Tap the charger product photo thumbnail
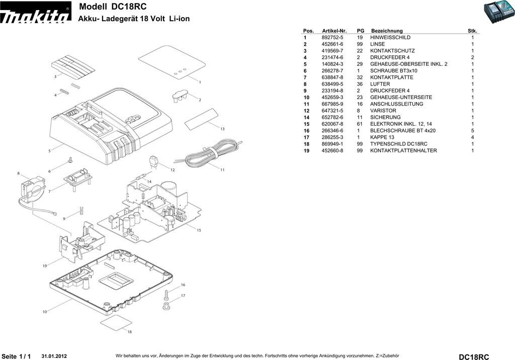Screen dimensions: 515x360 (498, 12)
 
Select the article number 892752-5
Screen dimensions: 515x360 (332, 37)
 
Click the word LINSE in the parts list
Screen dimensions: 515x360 (377, 44)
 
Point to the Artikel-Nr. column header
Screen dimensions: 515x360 (334, 31)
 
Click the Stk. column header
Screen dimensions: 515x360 (472, 31)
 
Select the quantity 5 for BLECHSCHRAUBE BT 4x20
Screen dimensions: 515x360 (473, 131)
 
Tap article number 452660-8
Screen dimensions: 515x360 (332, 151)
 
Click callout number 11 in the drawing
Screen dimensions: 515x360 (222, 170)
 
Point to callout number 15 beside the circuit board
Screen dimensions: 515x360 (199, 230)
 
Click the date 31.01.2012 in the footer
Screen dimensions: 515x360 (54, 356)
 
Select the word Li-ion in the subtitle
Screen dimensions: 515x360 (179, 19)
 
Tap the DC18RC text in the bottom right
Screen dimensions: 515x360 (474, 356)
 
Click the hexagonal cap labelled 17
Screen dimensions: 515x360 (166, 307)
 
